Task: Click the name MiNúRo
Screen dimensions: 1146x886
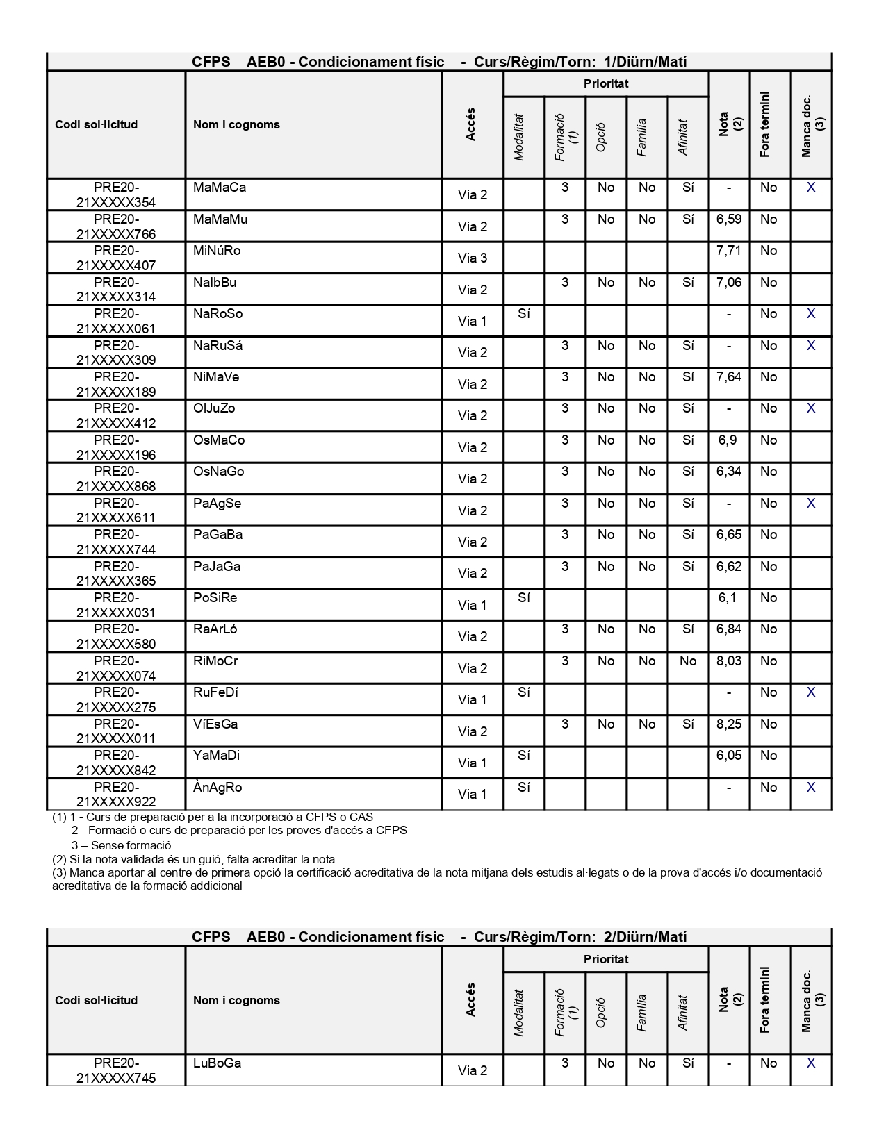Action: (x=217, y=251)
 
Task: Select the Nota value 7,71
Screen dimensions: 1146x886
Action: (x=728, y=251)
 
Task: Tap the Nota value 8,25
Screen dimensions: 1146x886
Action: (x=728, y=724)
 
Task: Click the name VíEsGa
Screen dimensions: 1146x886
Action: (x=215, y=724)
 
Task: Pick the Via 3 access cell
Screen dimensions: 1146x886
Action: (x=472, y=258)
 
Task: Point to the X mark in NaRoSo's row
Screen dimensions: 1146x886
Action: (x=810, y=314)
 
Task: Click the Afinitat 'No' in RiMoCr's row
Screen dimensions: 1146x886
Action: (x=687, y=661)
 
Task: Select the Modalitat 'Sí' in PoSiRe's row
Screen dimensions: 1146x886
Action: (x=524, y=598)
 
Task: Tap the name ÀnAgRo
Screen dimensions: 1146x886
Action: (x=218, y=788)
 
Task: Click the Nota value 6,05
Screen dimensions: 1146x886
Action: (x=728, y=756)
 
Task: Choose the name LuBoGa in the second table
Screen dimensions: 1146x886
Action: (x=217, y=1063)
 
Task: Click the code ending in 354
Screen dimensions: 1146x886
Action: (x=116, y=195)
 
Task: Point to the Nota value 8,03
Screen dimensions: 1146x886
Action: (x=728, y=661)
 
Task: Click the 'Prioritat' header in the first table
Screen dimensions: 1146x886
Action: (x=606, y=84)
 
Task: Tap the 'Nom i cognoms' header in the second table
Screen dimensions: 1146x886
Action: (x=236, y=1000)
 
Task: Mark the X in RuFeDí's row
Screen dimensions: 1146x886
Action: (x=810, y=692)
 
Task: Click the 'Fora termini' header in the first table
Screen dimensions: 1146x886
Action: (x=764, y=125)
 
